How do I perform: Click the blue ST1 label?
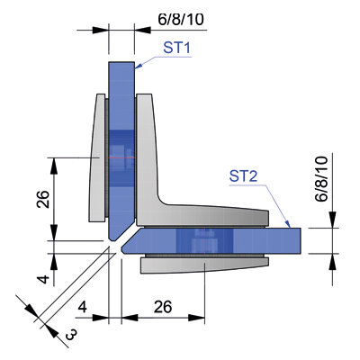(x=177, y=48)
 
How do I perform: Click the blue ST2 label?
(x=243, y=176)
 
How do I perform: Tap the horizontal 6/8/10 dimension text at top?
(x=181, y=20)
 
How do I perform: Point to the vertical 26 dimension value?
(x=43, y=199)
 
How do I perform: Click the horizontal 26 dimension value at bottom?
(x=163, y=307)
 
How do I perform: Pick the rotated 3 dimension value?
(x=71, y=335)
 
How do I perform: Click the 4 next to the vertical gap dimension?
(x=44, y=279)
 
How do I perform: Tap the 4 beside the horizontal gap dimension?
(x=83, y=307)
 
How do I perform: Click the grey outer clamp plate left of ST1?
(x=96, y=158)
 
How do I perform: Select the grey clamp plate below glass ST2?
(x=204, y=265)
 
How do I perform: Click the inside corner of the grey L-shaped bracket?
(x=160, y=200)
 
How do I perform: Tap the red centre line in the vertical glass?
(x=121, y=157)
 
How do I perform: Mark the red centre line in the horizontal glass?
(x=204, y=240)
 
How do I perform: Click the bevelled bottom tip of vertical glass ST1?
(x=112, y=239)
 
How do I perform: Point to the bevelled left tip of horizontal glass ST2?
(x=122, y=249)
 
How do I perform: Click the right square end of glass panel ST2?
(x=301, y=240)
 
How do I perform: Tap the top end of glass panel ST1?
(x=121, y=62)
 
